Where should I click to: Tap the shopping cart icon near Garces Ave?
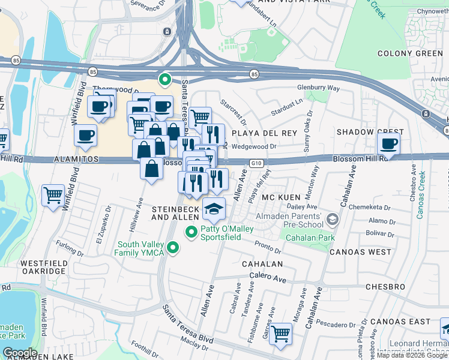pyautogui.click(x=280, y=334)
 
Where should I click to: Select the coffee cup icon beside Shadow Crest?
pyautogui.click(x=389, y=145)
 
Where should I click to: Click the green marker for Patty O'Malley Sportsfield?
pyautogui.click(x=191, y=232)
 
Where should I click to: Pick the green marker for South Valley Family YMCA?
pyautogui.click(x=173, y=247)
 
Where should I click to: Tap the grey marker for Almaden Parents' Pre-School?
pyautogui.click(x=334, y=220)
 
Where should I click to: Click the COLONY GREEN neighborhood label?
pyautogui.click(x=410, y=53)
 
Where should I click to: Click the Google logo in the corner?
pyautogui.click(x=20, y=353)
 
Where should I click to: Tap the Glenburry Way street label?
pyautogui.click(x=319, y=88)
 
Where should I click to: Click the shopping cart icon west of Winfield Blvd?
pyautogui.click(x=53, y=195)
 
